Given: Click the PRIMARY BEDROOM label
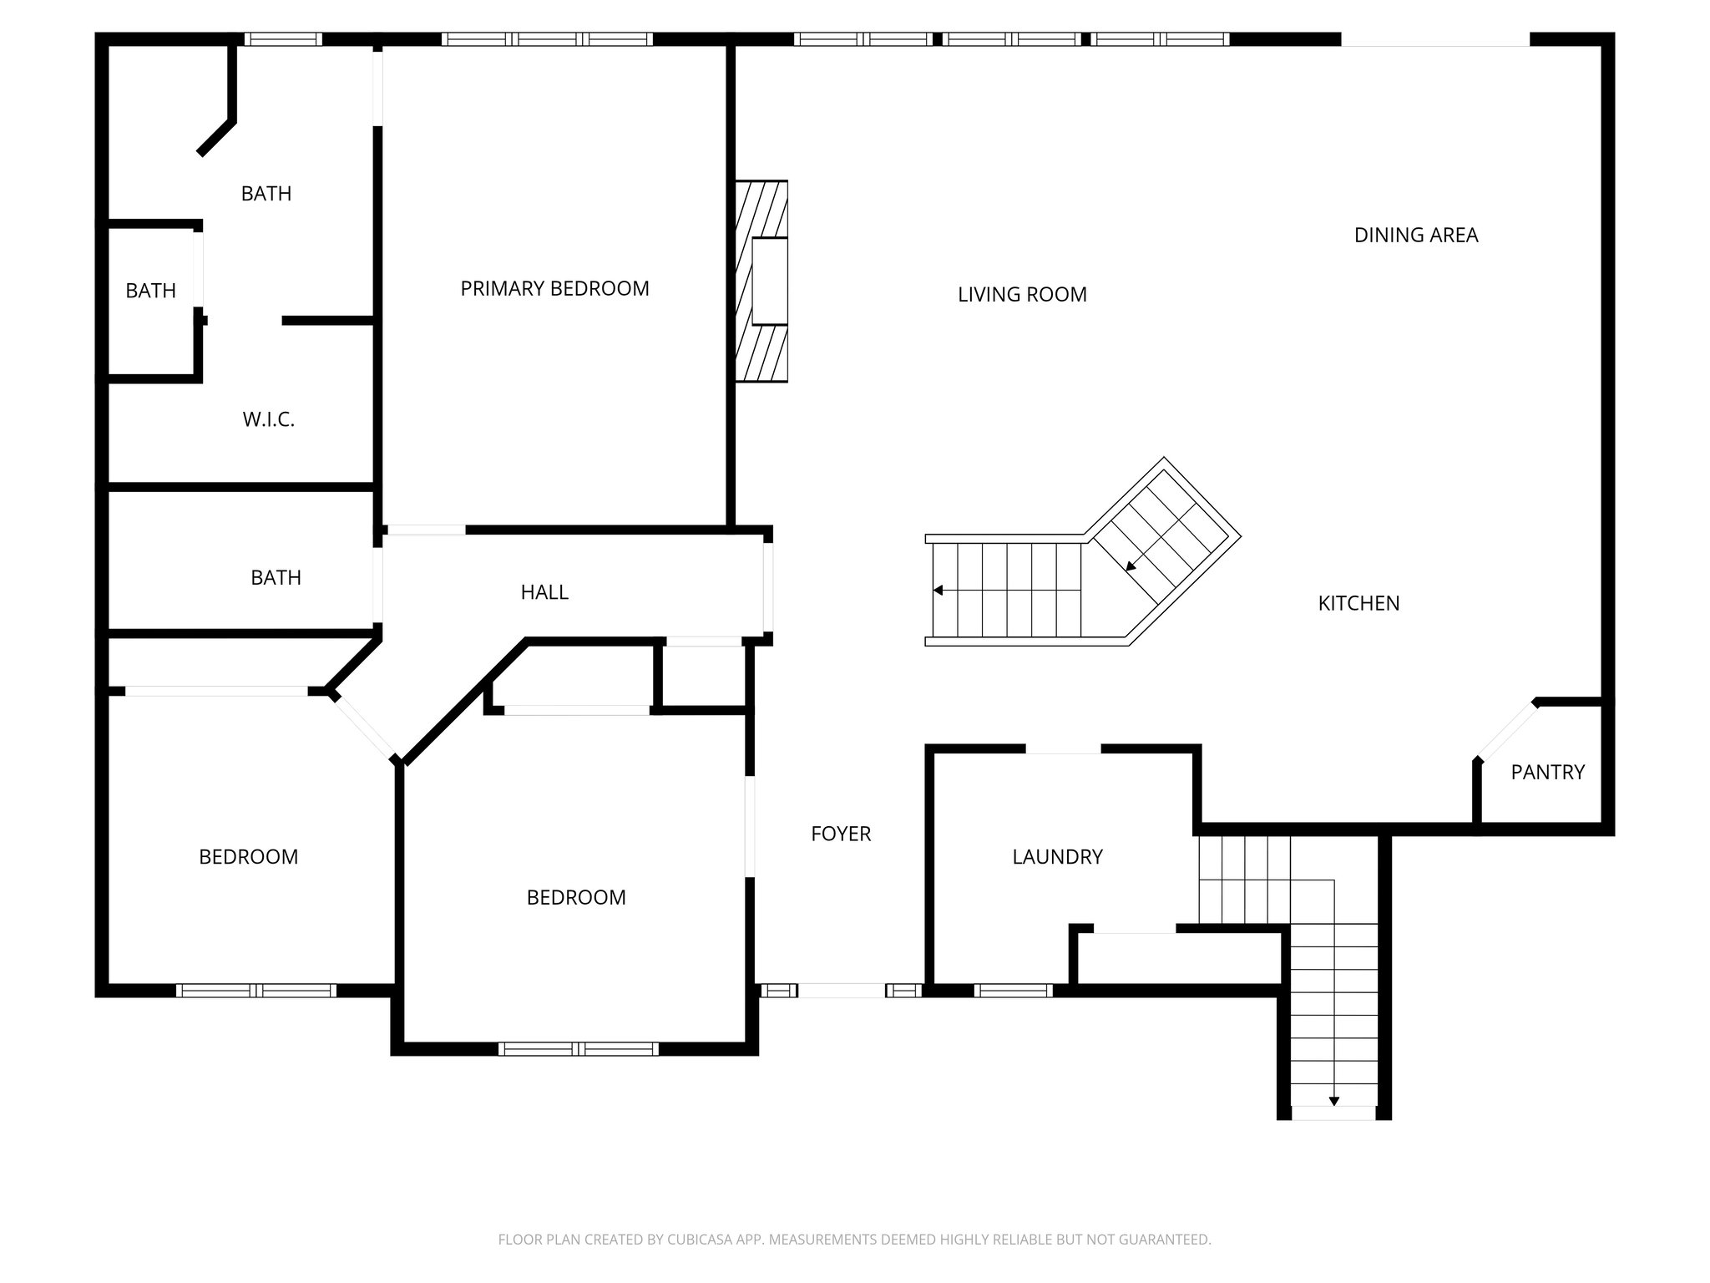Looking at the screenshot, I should (554, 289).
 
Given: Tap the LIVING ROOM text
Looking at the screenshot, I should (1022, 295).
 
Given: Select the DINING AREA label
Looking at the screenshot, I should (1416, 236).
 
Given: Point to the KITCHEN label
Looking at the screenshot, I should (1358, 603).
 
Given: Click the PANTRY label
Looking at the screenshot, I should (1547, 773).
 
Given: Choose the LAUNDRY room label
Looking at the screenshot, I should (1057, 857).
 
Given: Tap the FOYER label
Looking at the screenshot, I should (841, 834).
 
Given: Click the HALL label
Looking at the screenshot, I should (544, 592).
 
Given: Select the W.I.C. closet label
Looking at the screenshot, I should (269, 420).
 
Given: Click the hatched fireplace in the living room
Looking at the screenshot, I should (761, 281).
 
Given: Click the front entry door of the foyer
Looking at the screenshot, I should (841, 991).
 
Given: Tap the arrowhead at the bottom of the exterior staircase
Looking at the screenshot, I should (1334, 1100).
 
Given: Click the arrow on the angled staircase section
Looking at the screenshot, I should (1131, 566).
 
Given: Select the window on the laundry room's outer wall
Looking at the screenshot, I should (1013, 991).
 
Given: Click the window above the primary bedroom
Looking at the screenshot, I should (547, 38).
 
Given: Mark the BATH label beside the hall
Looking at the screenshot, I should (276, 578).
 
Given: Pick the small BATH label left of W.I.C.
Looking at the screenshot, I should (150, 291).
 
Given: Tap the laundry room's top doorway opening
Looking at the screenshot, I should (1063, 749).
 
